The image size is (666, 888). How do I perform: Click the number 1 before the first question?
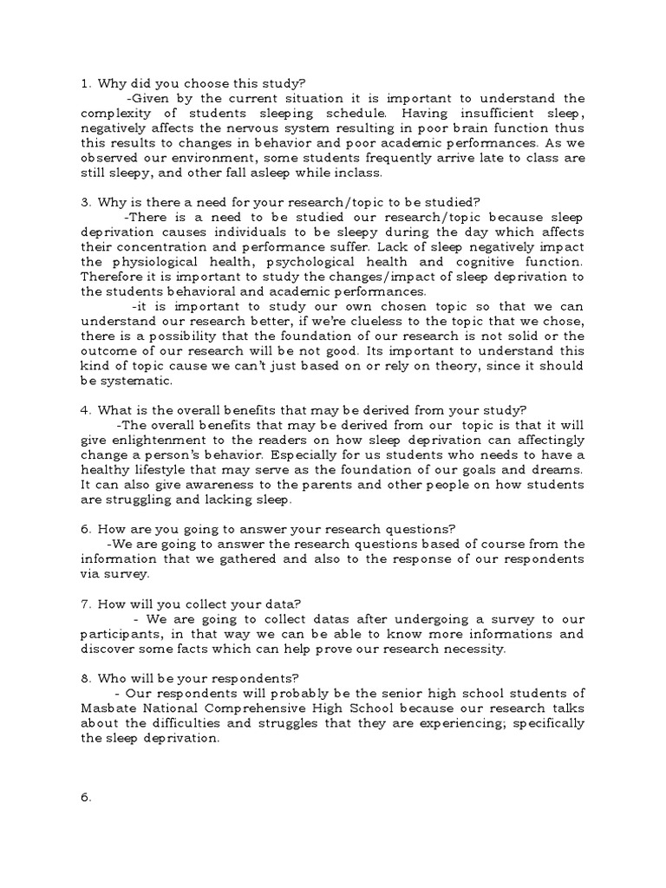85,83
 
